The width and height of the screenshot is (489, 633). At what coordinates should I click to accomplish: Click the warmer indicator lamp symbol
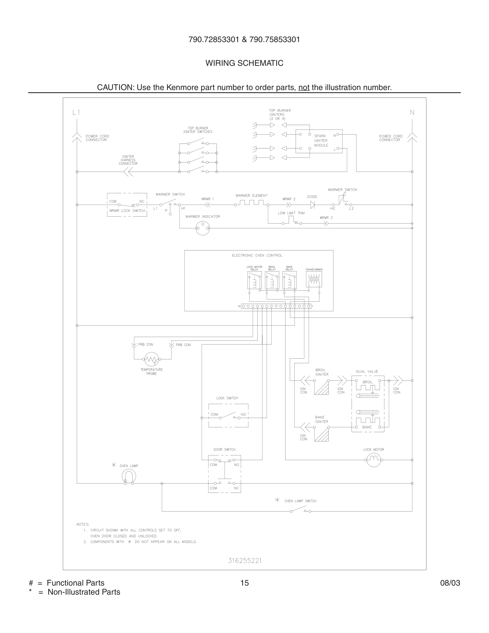[x=203, y=228]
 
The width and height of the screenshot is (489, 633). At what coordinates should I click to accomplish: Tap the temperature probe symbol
[x=151, y=359]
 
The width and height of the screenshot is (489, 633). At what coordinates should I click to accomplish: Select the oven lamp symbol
[x=129, y=476]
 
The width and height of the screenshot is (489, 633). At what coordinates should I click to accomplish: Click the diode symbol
[x=312, y=205]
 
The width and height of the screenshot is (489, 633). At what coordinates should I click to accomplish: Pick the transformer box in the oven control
[x=314, y=279]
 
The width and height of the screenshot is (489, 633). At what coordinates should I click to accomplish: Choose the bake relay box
[x=290, y=280]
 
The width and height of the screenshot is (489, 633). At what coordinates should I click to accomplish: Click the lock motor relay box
[x=254, y=280]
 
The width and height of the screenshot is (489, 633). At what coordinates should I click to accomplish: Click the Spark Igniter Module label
[x=321, y=141]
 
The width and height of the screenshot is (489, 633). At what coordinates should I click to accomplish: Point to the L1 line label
[x=76, y=112]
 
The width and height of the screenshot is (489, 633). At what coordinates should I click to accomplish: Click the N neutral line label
[x=412, y=112]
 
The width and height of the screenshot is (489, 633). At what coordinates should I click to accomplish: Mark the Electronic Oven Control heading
[x=257, y=255]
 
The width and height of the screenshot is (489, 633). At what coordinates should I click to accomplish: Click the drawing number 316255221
[x=245, y=561]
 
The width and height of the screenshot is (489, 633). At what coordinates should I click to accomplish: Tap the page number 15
[x=244, y=583]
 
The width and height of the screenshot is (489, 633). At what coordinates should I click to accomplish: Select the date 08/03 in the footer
[x=450, y=583]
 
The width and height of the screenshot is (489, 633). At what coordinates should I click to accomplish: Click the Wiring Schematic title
[x=244, y=63]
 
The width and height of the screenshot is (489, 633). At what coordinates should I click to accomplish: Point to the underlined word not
[x=304, y=87]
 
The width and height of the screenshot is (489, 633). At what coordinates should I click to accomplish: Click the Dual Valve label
[x=367, y=371]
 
